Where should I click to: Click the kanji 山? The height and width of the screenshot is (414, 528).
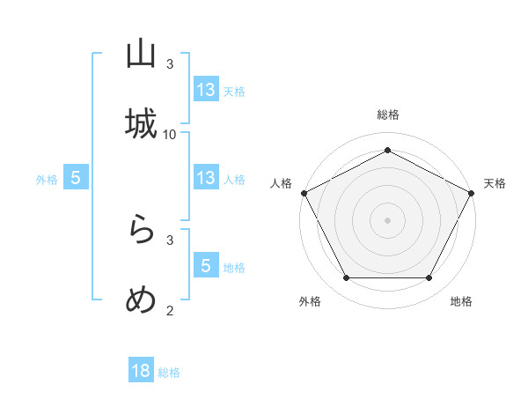141,55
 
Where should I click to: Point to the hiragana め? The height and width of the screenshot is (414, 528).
141,299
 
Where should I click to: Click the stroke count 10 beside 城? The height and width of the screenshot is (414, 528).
170,134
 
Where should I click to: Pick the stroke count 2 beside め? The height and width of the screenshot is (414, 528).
170,309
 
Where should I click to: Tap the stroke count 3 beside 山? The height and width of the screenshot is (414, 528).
170,64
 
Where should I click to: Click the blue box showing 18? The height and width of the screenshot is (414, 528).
141,371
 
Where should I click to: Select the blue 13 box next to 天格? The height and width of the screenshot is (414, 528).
206,90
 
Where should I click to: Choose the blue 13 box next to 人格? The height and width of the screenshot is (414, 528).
206,178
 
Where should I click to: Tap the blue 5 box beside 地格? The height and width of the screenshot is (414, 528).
206,266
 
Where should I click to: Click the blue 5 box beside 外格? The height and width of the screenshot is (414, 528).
76,178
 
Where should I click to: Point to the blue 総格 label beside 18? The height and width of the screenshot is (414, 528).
169,373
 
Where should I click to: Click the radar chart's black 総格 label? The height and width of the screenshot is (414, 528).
387,115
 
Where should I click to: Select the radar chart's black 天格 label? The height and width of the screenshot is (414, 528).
495,183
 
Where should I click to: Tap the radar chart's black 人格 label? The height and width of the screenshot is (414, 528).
281,183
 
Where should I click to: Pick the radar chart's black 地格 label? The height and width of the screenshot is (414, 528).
461,301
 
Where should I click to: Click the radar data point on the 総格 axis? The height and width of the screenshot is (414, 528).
387,150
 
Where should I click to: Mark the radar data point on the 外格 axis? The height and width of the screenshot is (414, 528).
346,278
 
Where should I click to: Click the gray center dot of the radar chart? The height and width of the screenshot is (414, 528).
387,219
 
